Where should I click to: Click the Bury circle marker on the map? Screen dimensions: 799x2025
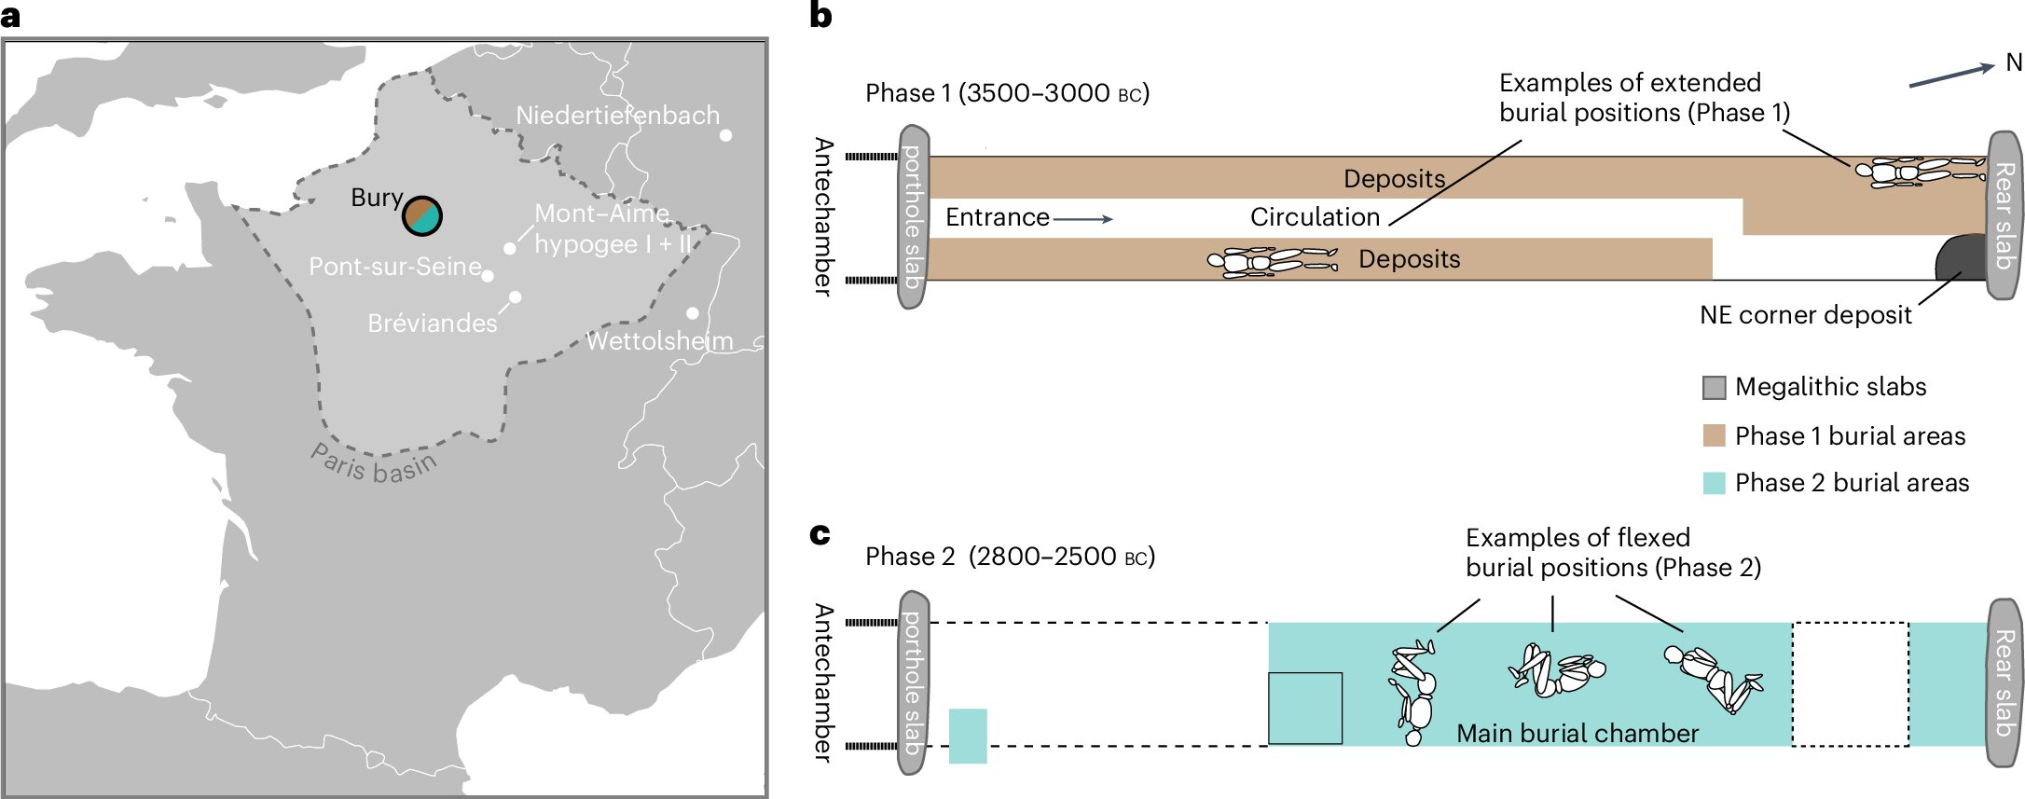pos(422,215)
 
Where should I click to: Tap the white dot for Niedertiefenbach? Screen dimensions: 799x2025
pos(725,135)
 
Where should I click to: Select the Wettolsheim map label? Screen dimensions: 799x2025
pos(659,341)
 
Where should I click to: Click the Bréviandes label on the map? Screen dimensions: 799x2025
pos(433,324)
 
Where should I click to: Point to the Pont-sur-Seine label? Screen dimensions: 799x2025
pos(394,267)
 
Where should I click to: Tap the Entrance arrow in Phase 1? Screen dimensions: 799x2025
pos(1082,219)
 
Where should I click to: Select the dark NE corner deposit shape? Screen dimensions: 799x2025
pos(1961,258)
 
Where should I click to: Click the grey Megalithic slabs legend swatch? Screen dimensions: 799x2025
pos(1714,388)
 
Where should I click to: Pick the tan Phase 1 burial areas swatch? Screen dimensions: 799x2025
pos(1714,436)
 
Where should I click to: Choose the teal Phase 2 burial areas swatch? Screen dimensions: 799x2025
pos(1714,483)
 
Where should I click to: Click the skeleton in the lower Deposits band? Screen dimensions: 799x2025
pos(1273,261)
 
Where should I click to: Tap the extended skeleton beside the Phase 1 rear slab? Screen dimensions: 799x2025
pos(1919,172)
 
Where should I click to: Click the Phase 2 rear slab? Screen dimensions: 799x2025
pos(2004,682)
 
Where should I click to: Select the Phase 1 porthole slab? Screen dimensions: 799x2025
pos(913,217)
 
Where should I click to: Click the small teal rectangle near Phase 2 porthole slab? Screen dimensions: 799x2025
pos(968,737)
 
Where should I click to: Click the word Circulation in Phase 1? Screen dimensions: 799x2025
pos(1315,217)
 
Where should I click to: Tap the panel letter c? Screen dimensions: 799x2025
pos(820,534)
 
